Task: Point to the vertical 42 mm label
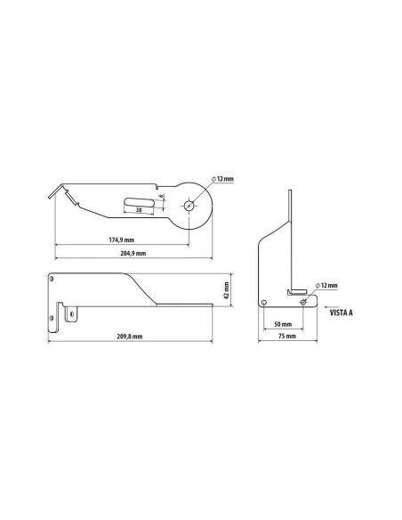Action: click(x=227, y=291)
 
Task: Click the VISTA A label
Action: click(x=342, y=313)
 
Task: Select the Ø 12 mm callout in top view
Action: click(x=223, y=179)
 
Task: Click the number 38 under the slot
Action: click(x=139, y=210)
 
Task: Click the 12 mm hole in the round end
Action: click(x=191, y=205)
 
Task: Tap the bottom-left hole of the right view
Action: click(x=266, y=301)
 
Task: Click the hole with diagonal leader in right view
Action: click(x=304, y=301)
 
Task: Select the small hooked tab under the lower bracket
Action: click(x=72, y=313)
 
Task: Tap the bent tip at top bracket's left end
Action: click(x=56, y=191)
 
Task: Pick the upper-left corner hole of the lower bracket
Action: click(x=56, y=280)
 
